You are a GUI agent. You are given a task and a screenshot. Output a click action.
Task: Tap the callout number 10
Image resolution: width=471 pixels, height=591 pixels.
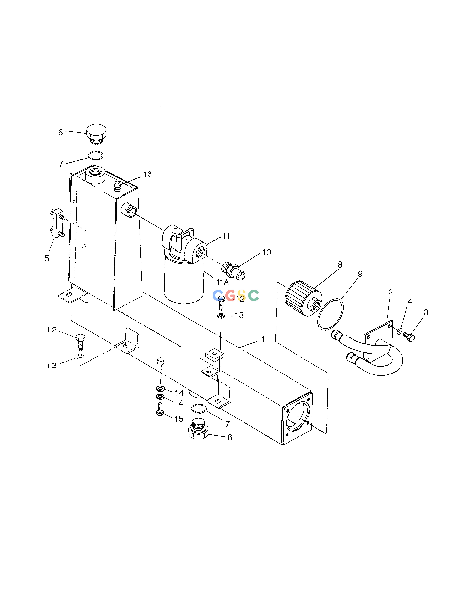(266, 252)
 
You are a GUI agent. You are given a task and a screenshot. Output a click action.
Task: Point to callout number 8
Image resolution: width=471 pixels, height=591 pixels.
(340, 265)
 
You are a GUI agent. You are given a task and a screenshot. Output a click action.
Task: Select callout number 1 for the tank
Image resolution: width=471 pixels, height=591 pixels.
(263, 339)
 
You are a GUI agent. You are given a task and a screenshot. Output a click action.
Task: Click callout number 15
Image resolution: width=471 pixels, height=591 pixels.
(179, 419)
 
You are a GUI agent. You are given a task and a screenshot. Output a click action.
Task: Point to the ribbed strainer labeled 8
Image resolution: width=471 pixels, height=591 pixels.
(303, 298)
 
